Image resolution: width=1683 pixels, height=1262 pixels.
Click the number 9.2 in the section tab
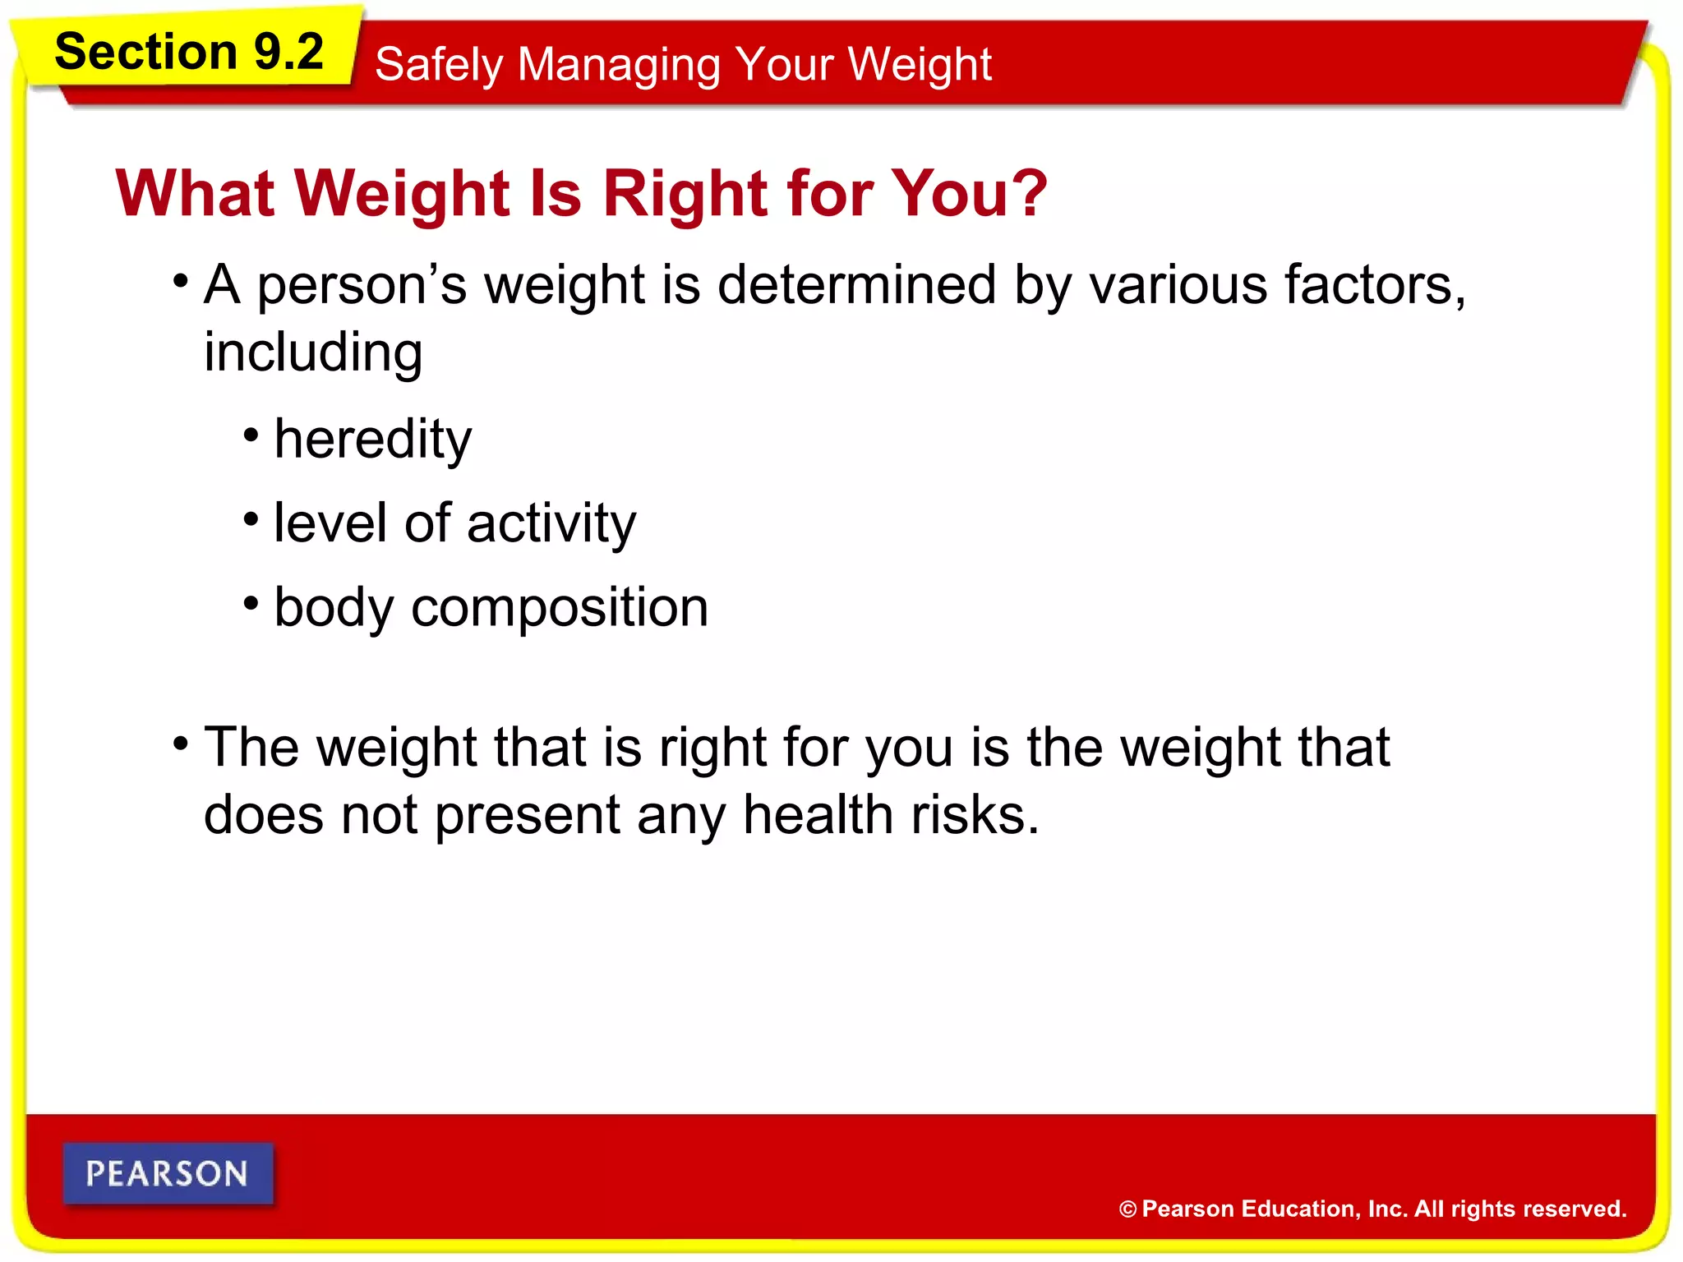coord(288,52)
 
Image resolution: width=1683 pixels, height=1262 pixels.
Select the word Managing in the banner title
coord(619,66)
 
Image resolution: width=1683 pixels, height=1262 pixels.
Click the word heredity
coord(373,440)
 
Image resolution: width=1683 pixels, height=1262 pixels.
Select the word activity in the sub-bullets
coord(551,524)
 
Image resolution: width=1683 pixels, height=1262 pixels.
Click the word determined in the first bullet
coord(856,285)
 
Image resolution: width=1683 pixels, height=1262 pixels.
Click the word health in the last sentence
coord(817,815)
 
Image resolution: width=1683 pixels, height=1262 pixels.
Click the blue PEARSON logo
coord(168,1173)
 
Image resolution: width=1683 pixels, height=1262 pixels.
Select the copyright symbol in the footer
coord(1127,1209)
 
